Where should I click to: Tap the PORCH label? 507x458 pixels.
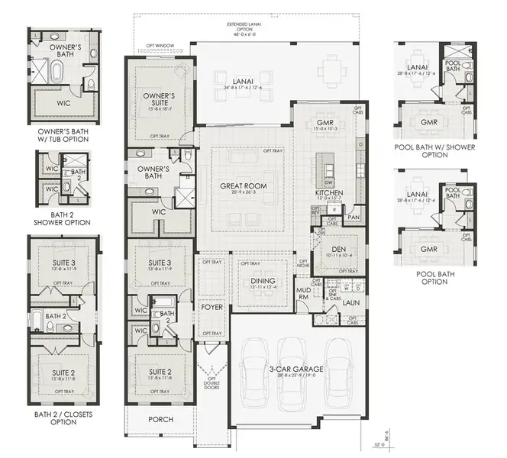(x=161, y=420)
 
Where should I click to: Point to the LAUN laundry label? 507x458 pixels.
(x=351, y=303)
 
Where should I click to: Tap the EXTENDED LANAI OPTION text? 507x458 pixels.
(x=246, y=28)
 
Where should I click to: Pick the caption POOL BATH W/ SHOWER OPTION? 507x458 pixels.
(x=434, y=150)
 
